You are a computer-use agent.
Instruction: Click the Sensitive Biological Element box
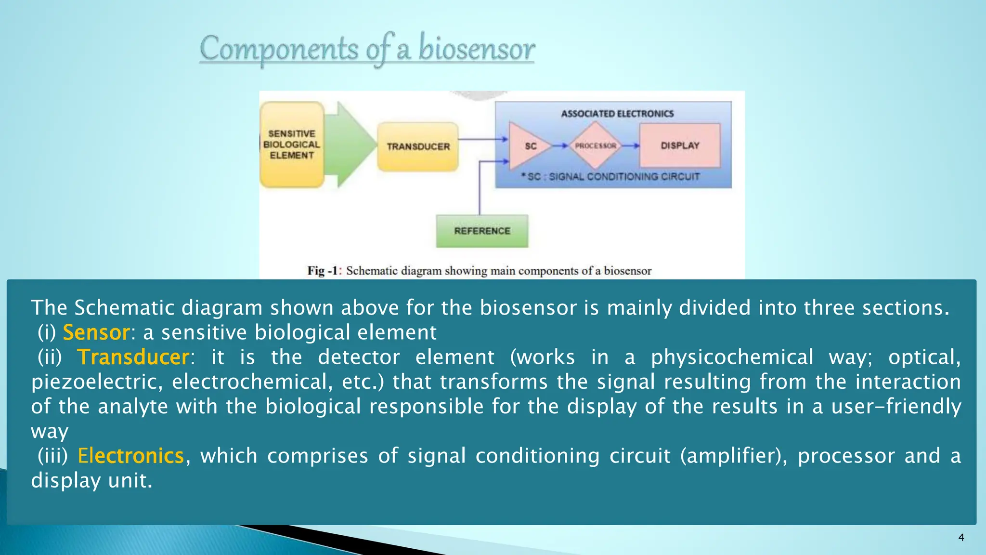point(292,145)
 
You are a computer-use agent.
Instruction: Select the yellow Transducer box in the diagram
point(418,146)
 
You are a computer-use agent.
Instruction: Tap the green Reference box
point(482,231)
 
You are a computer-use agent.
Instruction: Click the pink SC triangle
point(529,145)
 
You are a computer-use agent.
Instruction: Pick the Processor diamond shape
point(596,145)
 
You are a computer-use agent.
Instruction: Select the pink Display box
point(680,145)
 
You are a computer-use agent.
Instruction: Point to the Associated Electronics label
point(617,114)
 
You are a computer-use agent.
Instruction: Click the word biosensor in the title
point(476,49)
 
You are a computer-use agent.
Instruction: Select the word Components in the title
point(279,49)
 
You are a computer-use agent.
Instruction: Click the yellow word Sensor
point(96,332)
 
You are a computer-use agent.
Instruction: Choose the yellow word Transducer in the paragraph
point(133,357)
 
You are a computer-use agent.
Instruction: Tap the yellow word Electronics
point(130,456)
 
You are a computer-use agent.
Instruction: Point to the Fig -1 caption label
point(324,271)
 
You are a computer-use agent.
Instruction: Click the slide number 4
point(961,538)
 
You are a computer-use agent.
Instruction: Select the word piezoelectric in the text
point(94,382)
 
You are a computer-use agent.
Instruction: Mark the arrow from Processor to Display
point(630,145)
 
